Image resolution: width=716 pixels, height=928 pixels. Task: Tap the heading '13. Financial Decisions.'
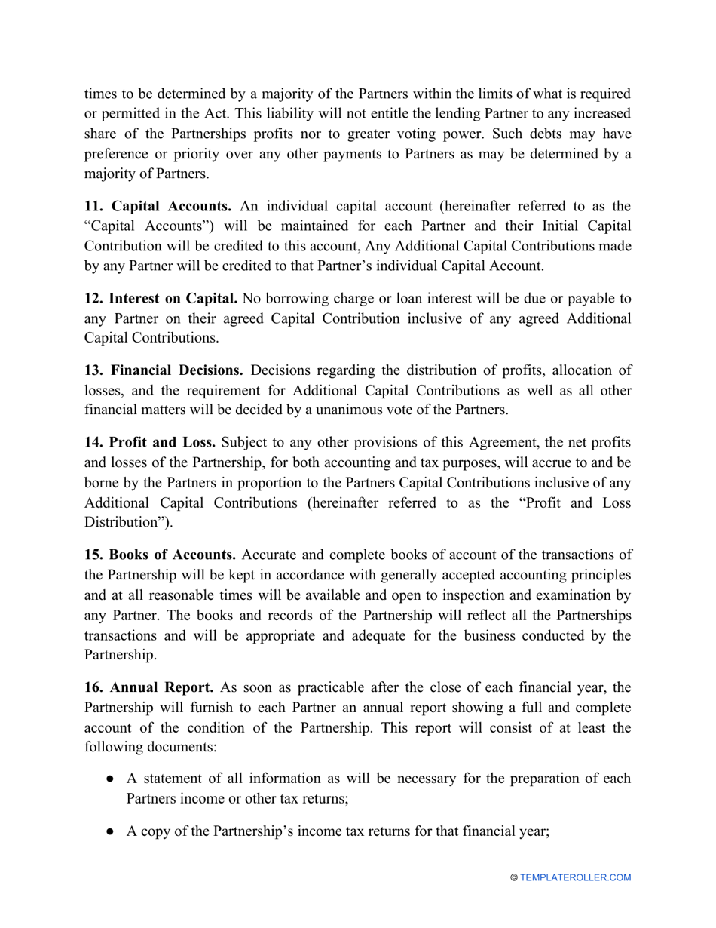tap(163, 370)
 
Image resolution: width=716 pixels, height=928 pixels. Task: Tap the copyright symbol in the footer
tap(515, 877)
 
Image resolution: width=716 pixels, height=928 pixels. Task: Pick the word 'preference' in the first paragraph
tap(117, 155)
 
